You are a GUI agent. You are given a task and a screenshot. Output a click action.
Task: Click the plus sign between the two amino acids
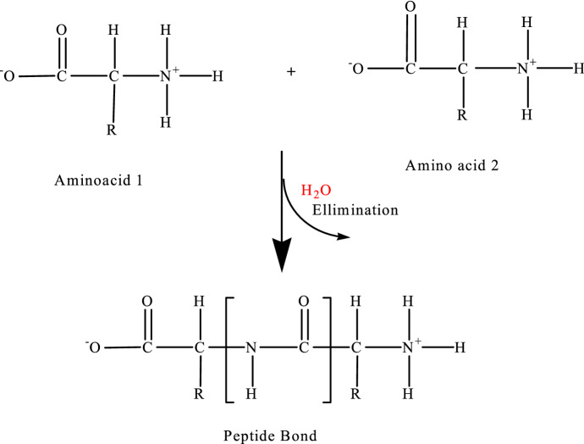[x=292, y=73]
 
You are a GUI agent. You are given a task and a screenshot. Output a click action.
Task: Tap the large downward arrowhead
[x=282, y=255]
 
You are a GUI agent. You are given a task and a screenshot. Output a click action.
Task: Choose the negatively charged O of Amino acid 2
[x=356, y=67]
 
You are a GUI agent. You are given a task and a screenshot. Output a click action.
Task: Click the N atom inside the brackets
[x=251, y=347]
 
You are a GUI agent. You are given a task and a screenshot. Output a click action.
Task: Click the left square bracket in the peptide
[x=226, y=347]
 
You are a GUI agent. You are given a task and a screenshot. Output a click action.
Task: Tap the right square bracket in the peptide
[x=329, y=347]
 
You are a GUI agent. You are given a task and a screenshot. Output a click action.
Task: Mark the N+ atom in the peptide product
[x=410, y=347]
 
